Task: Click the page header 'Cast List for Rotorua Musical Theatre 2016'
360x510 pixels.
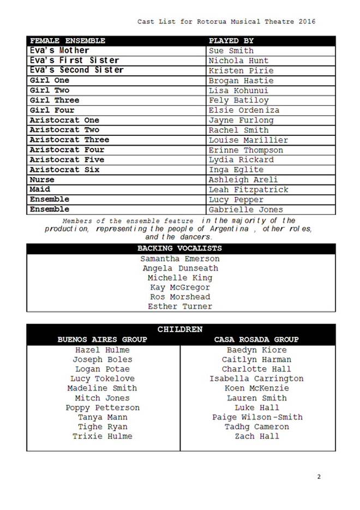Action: (226, 21)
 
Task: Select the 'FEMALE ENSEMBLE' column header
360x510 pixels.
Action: (68, 41)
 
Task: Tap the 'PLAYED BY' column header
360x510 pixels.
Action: (231, 41)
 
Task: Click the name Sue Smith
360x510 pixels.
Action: (231, 51)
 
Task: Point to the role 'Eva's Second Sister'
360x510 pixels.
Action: (77, 70)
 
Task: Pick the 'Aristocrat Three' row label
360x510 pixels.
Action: (69, 140)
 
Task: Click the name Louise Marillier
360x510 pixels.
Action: (248, 140)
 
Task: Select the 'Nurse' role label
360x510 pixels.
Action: (42, 179)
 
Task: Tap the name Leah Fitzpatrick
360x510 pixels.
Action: (248, 190)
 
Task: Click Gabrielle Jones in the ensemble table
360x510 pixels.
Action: (246, 209)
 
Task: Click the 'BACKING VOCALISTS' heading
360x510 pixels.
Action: (179, 249)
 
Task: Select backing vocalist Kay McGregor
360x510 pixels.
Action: (180, 287)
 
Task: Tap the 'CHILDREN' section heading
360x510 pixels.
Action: (180, 329)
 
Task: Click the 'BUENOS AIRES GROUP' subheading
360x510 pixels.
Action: (103, 339)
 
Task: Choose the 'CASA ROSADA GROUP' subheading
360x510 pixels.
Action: (256, 339)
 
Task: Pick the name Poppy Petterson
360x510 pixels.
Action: (103, 407)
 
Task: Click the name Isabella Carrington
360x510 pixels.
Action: (256, 379)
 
